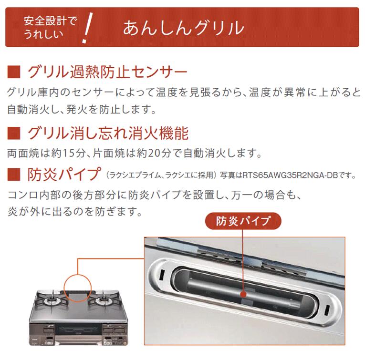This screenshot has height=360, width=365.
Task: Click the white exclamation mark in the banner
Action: point(87,28)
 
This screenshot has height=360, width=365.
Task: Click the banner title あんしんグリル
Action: point(183,28)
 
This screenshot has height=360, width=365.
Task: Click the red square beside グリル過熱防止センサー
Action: point(14,72)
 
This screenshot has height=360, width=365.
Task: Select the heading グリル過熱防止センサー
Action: point(107,72)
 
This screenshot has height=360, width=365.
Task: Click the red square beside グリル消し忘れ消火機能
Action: point(14,133)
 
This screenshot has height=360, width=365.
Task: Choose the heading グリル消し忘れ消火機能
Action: point(108,133)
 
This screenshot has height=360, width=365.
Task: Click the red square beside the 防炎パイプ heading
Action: point(14,175)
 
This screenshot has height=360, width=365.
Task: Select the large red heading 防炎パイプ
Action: point(64,175)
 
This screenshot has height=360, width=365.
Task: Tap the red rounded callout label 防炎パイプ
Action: point(243,221)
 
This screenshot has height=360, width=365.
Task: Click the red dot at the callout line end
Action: point(243,295)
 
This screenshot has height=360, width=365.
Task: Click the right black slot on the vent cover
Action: point(327,309)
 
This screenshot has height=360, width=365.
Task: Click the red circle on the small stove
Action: point(78,275)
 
